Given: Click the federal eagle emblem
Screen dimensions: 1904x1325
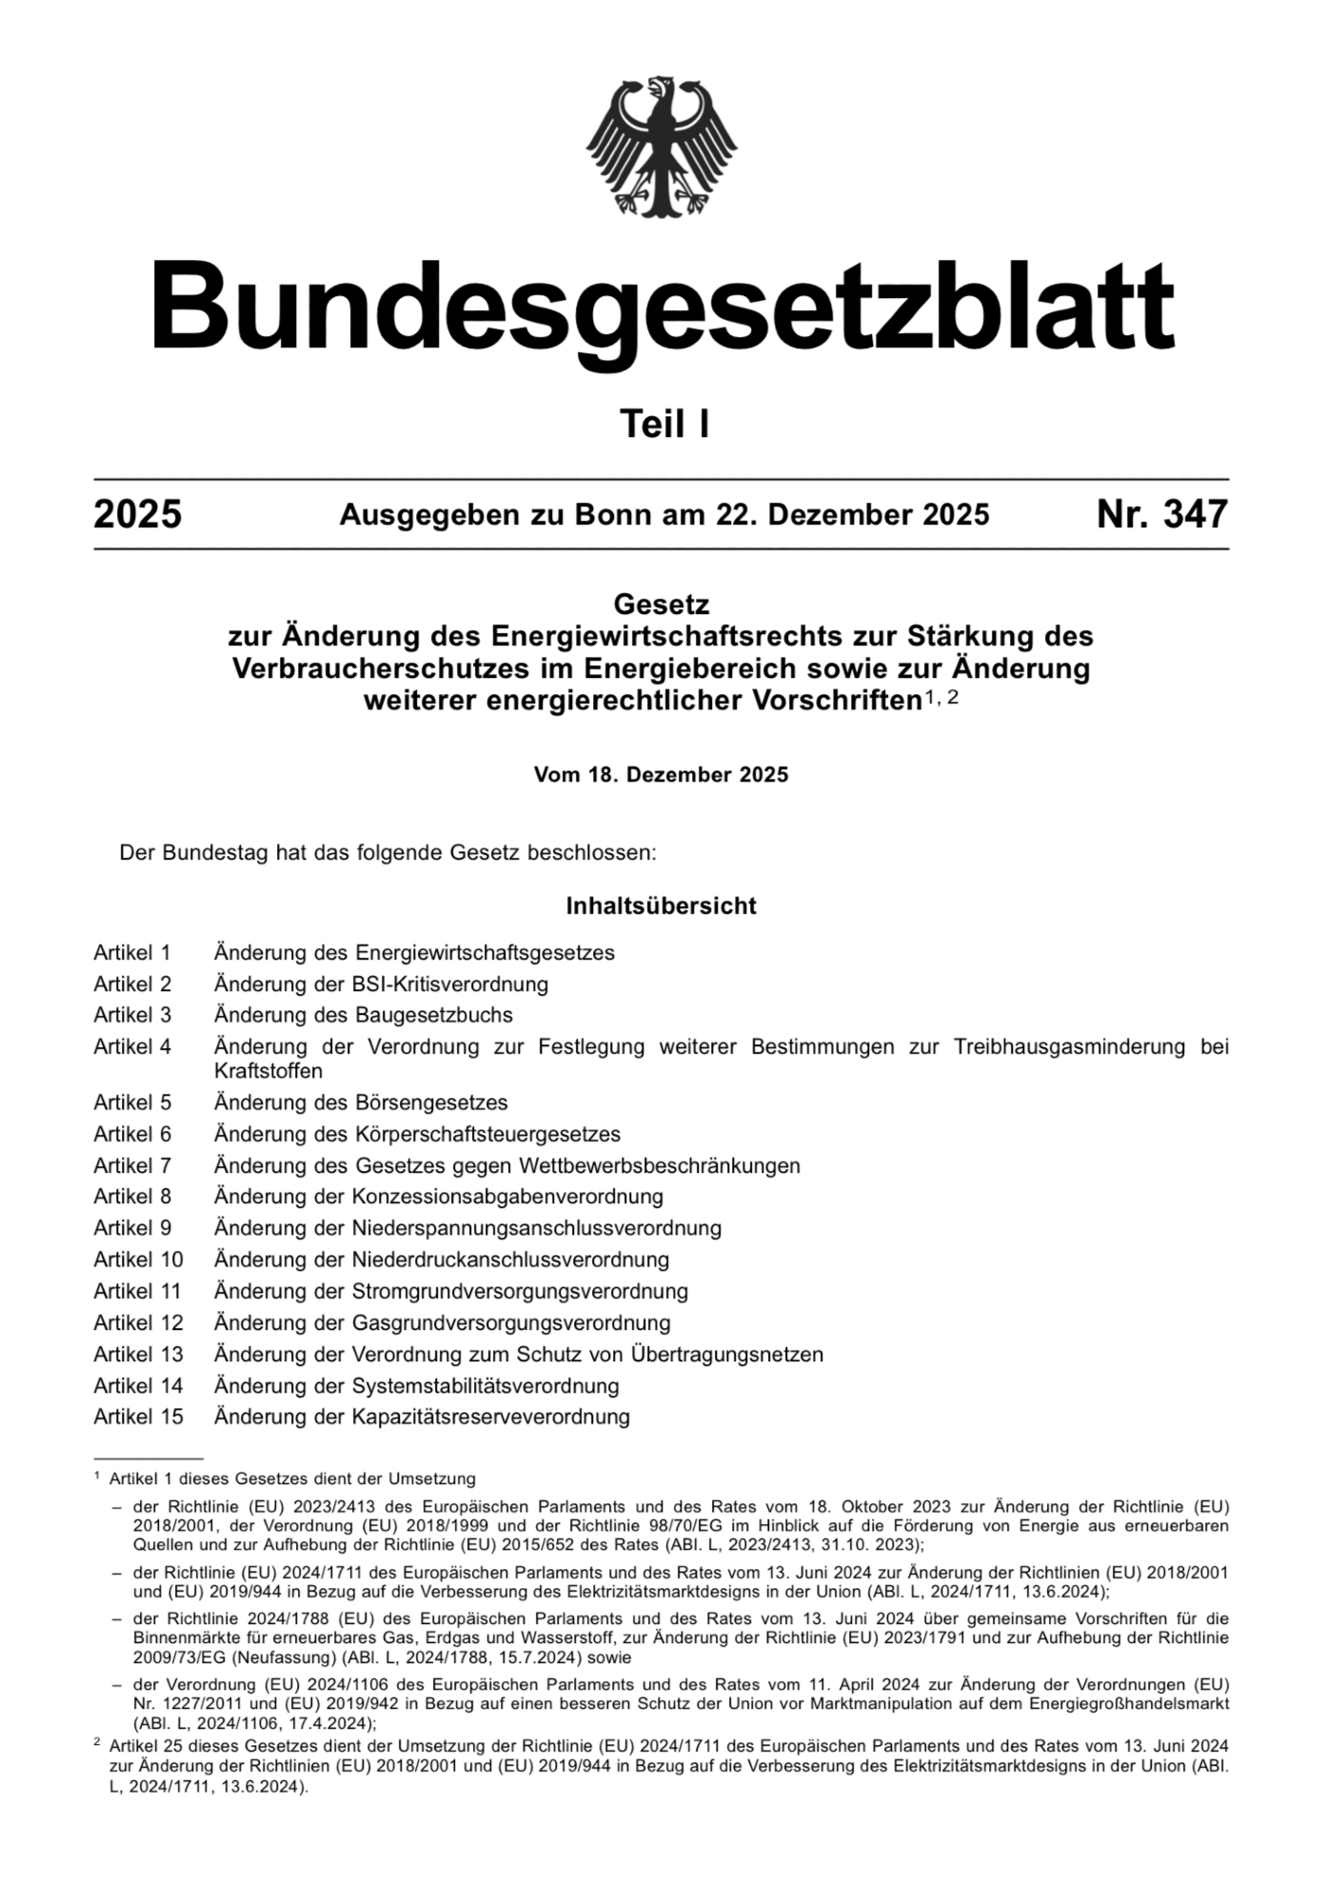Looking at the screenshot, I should pyautogui.click(x=662, y=147).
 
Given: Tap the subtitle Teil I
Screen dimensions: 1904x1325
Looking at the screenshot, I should pyautogui.click(x=664, y=425).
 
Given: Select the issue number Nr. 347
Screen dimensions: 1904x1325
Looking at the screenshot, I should pyautogui.click(x=1162, y=515).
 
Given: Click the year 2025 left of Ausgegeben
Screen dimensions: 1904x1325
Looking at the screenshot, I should pyautogui.click(x=138, y=515).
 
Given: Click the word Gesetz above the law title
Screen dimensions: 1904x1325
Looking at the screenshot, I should pyautogui.click(x=662, y=605).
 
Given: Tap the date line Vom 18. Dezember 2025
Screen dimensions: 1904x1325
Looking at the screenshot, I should pyautogui.click(x=662, y=775).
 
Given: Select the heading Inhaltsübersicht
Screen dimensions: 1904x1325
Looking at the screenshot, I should pyautogui.click(x=662, y=905).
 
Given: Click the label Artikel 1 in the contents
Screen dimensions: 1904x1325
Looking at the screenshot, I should pyautogui.click(x=132, y=953).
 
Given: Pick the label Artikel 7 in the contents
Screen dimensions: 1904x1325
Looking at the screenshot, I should pyautogui.click(x=132, y=1165).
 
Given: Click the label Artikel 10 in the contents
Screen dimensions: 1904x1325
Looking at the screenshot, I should pyautogui.click(x=138, y=1259).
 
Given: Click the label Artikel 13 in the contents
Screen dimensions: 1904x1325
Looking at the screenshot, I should pyautogui.click(x=138, y=1354).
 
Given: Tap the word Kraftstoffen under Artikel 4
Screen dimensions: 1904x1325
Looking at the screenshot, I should pyautogui.click(x=268, y=1071).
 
